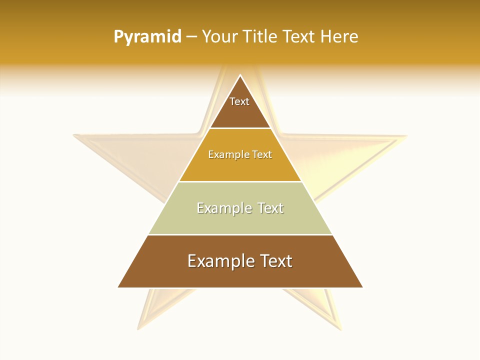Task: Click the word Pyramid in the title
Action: click(147, 37)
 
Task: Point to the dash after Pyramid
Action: click(191, 37)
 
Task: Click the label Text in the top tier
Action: click(239, 101)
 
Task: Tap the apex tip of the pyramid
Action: click(240, 75)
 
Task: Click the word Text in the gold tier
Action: click(262, 154)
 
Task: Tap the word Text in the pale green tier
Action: click(270, 208)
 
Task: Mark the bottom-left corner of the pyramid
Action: click(118, 287)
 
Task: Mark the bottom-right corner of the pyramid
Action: click(362, 287)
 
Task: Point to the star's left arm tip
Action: click(74, 134)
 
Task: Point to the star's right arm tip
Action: click(406, 135)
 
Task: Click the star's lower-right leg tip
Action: click(341, 328)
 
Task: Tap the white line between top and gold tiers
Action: click(240, 128)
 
